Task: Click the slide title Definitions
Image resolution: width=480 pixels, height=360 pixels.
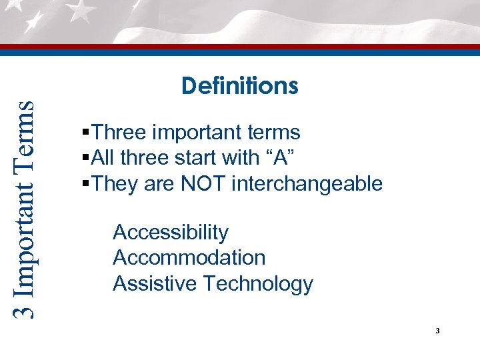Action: [x=239, y=86]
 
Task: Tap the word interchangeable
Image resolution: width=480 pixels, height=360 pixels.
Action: [x=307, y=184]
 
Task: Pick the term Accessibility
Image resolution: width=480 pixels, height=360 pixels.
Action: [x=171, y=233]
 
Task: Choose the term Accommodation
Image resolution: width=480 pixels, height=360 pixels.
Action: [x=189, y=258]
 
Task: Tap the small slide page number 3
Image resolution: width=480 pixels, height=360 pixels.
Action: [x=437, y=331]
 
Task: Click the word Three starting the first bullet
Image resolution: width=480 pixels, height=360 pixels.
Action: [x=120, y=133]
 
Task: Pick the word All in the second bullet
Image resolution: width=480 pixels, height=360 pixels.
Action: [x=103, y=158]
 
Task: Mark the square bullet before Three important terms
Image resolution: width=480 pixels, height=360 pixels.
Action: [x=82, y=133]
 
